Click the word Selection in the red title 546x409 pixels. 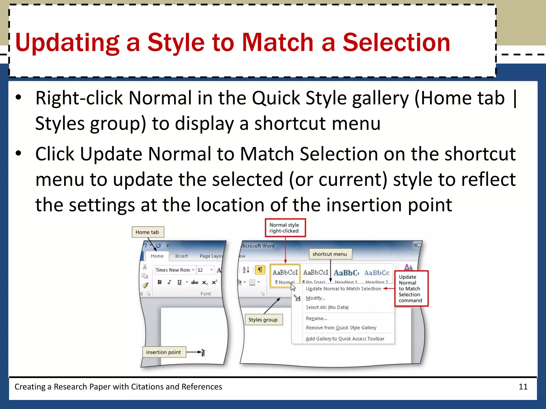(x=396, y=43)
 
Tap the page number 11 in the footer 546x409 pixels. (x=523, y=387)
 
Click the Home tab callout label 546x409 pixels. (x=147, y=232)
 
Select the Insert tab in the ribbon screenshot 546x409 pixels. (x=181, y=256)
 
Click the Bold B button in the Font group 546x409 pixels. (x=159, y=282)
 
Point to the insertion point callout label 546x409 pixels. (x=163, y=352)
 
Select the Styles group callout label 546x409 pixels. (x=263, y=320)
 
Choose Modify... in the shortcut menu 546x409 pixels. (x=315, y=298)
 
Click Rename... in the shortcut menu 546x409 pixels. (x=316, y=318)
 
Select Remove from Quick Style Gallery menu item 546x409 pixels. (x=341, y=328)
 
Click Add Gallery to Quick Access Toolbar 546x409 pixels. (x=345, y=339)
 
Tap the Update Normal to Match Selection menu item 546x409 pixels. (x=343, y=289)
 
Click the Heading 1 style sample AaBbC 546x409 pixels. (x=346, y=273)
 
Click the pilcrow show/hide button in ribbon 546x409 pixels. (x=260, y=270)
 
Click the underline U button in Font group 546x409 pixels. (x=179, y=282)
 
